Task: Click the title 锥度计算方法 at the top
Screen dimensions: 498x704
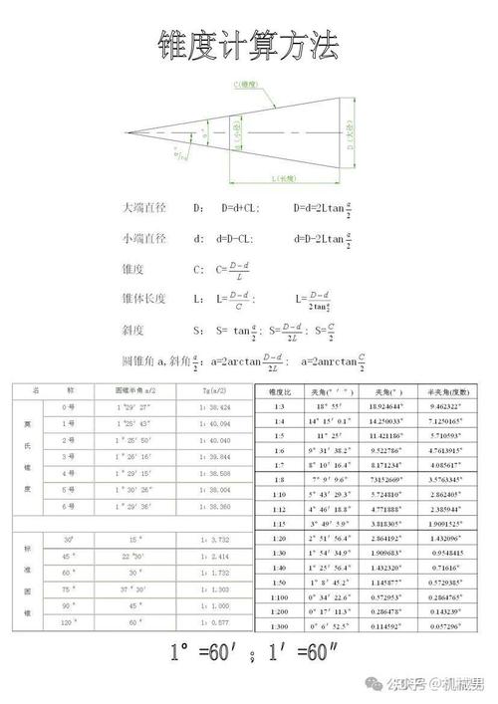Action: [248, 45]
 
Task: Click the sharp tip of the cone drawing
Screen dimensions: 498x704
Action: [126, 131]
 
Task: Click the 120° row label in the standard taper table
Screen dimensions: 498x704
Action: [69, 622]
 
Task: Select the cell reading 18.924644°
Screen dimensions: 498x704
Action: [383, 407]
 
